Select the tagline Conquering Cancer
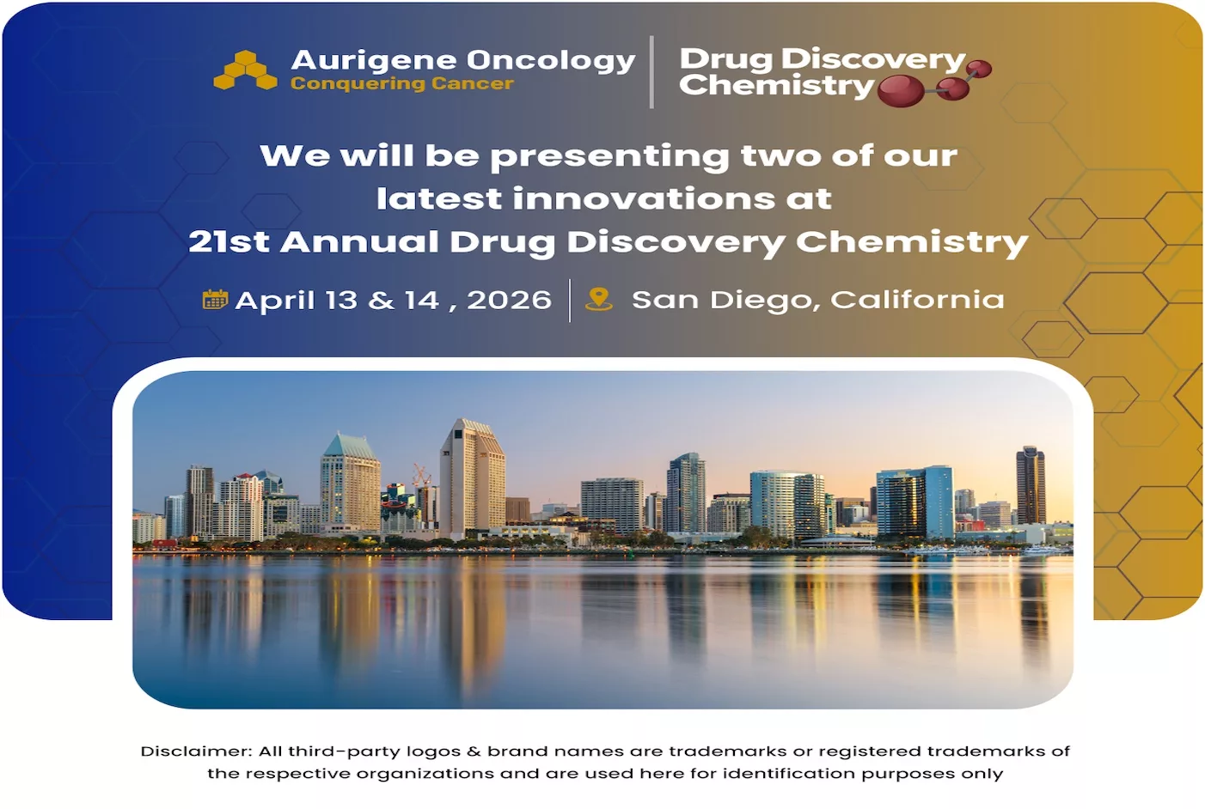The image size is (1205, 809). pos(402,84)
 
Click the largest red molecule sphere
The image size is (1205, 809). pos(901,90)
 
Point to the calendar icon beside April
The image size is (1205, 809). pos(215,300)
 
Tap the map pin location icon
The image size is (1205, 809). pos(599,299)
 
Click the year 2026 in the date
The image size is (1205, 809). pos(509,300)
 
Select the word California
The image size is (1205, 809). pos(917,300)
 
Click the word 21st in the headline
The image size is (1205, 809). pos(229,241)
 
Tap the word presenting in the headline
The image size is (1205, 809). pos(610,157)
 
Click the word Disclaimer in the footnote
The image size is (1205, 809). pos(197,751)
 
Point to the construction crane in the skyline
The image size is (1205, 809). pos(422,475)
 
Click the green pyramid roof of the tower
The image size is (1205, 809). pos(349,445)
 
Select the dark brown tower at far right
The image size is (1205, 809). pos(1031,485)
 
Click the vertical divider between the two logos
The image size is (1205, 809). pos(652,72)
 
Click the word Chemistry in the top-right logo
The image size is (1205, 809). pos(777,86)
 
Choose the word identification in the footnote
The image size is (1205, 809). pos(789,774)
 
